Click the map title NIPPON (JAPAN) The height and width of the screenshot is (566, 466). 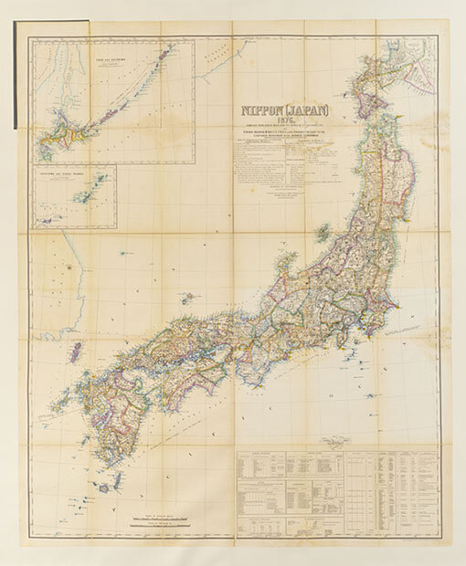[x=275, y=117]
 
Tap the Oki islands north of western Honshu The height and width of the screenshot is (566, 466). [x=187, y=298]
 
